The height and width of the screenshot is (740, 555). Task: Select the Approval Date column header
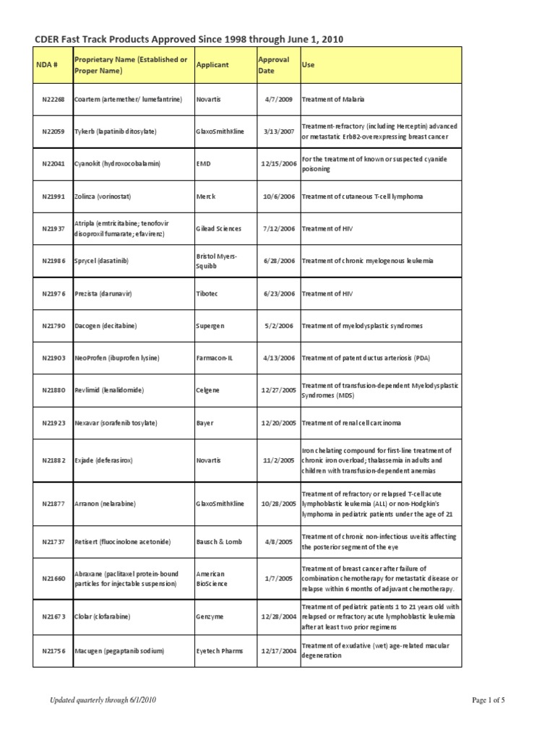(x=273, y=64)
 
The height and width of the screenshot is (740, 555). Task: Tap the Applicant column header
(x=212, y=64)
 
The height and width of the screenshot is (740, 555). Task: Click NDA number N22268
(x=53, y=98)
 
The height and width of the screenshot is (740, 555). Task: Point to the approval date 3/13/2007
(x=277, y=131)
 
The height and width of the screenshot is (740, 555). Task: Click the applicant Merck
(x=206, y=196)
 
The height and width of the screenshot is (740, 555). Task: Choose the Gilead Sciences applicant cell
(x=219, y=228)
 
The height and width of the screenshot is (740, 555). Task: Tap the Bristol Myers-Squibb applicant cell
(x=216, y=261)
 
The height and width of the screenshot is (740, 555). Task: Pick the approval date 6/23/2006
(x=277, y=293)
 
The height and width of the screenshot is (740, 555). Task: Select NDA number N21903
(x=53, y=358)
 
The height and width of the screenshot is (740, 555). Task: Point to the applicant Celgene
(x=208, y=390)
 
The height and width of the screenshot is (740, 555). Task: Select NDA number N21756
(x=53, y=650)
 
